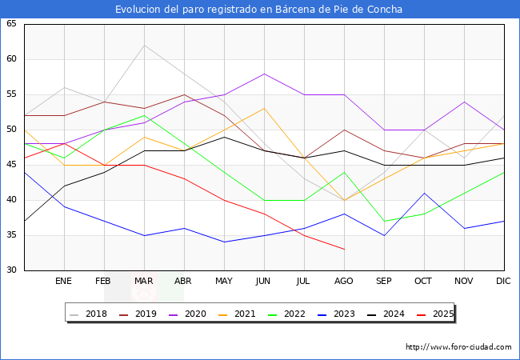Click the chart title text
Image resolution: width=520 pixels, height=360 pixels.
click(259, 10)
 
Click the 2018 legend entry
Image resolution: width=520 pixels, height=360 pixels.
click(89, 314)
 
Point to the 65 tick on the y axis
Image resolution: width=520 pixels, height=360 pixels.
click(11, 24)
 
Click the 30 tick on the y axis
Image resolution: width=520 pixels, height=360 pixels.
click(11, 270)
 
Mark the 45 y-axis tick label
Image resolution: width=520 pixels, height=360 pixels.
click(11, 165)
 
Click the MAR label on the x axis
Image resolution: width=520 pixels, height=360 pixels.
click(144, 282)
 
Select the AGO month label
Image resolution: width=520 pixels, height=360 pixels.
click(344, 282)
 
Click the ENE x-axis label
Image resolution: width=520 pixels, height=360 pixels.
click(64, 282)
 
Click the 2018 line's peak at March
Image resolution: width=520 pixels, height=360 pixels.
click(144, 45)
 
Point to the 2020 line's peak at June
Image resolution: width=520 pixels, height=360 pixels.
click(264, 74)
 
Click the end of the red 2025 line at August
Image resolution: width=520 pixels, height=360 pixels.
click(344, 249)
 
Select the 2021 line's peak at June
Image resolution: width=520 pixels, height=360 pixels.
click(264, 109)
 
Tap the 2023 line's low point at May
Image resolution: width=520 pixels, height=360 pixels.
click(224, 242)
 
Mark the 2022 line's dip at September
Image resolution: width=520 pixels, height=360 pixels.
click(384, 221)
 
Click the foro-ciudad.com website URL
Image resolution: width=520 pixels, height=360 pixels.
click(458, 347)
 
